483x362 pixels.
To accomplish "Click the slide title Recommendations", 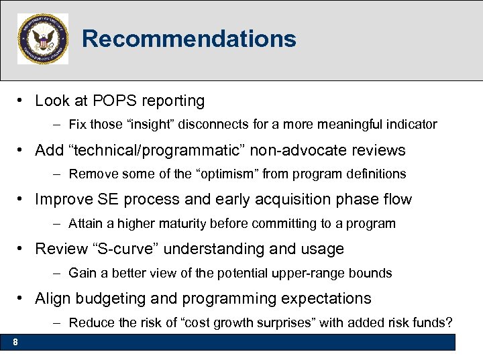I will (x=189, y=39).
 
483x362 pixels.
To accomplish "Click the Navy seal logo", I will (x=43, y=39).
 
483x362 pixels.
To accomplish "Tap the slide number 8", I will (x=15, y=343).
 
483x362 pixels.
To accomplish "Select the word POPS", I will (x=111, y=101).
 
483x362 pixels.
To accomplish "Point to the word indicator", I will (x=411, y=124).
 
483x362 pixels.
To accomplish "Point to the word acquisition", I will (x=286, y=200).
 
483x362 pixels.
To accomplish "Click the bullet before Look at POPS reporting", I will (x=22, y=101).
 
